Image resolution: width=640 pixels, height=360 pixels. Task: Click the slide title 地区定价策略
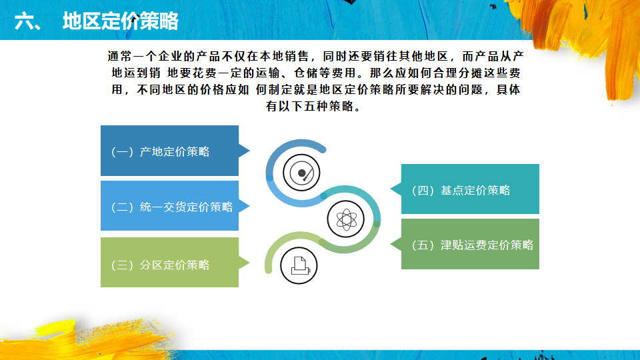click(x=121, y=21)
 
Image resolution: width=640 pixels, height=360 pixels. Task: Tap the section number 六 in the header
click(x=23, y=21)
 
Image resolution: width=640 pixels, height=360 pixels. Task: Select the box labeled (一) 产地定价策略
click(x=169, y=151)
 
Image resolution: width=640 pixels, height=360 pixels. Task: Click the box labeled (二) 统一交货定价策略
click(x=169, y=206)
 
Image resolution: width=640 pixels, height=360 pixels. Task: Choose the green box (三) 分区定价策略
click(x=169, y=263)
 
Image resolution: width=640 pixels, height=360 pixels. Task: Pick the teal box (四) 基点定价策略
click(x=470, y=189)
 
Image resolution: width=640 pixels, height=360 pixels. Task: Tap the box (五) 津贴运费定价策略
click(x=470, y=244)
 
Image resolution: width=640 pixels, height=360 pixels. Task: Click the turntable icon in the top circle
click(x=301, y=173)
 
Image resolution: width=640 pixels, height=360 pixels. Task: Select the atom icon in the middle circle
click(x=346, y=219)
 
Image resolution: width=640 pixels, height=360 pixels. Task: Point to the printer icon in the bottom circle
click(x=299, y=265)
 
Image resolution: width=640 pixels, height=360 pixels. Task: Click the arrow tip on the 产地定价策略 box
click(x=249, y=151)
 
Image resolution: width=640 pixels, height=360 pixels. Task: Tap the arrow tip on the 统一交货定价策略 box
click(x=249, y=206)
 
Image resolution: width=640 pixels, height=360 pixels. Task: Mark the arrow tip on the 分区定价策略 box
click(x=249, y=263)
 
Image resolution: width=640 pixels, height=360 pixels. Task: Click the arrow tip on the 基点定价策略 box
click(x=391, y=189)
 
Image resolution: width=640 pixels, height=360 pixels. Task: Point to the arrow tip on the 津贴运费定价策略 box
click(x=391, y=244)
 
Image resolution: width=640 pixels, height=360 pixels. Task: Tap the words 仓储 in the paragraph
click(x=306, y=73)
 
